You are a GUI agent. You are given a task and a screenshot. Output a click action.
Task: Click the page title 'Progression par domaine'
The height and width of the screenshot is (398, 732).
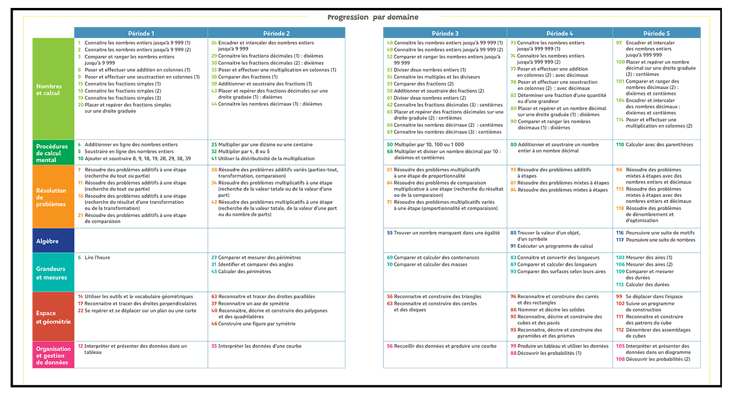(x=372, y=17)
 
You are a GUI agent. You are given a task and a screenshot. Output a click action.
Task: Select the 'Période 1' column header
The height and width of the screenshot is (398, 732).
(x=141, y=33)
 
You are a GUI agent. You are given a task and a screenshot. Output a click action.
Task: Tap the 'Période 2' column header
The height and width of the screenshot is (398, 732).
(x=276, y=33)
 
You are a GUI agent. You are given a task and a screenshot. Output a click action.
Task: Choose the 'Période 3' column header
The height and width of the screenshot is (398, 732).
(x=445, y=33)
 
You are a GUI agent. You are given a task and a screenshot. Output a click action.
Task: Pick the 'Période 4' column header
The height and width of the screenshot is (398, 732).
(x=560, y=33)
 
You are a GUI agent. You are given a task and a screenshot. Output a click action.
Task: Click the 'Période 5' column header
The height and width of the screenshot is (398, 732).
(x=656, y=33)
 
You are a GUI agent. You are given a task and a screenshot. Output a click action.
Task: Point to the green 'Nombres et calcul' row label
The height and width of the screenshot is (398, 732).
(x=53, y=89)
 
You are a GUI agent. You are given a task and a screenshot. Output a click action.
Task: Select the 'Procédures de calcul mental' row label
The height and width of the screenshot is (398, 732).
(x=53, y=153)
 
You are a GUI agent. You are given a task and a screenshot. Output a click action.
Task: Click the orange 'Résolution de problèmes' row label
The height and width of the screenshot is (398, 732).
(x=53, y=197)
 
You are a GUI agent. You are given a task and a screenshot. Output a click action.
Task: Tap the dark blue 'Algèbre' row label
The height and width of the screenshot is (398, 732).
(x=53, y=241)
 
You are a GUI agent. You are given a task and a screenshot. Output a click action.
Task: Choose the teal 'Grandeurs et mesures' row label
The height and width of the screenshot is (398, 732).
(x=53, y=273)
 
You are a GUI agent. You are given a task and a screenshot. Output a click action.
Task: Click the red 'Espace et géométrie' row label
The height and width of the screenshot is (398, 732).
(x=53, y=317)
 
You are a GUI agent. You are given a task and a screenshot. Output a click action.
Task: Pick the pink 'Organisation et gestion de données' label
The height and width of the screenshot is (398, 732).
(x=53, y=356)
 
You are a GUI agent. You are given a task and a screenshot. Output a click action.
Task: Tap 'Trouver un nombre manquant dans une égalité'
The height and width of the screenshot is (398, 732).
(x=447, y=233)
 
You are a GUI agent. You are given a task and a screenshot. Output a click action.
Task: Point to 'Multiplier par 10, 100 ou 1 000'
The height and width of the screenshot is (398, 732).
(x=429, y=144)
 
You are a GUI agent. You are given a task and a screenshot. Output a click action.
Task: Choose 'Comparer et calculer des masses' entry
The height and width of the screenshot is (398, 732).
(x=430, y=264)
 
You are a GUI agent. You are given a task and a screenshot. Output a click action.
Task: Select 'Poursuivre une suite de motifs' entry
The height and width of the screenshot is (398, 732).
(x=660, y=233)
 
